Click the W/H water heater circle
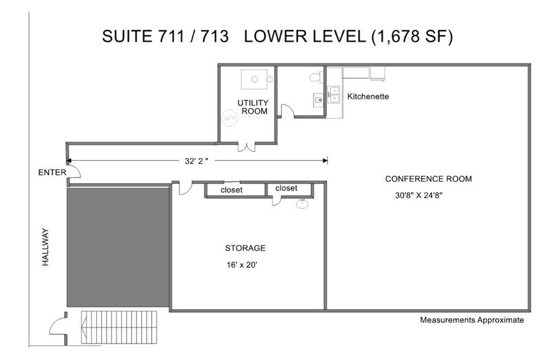(230, 118)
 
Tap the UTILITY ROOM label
(253, 107)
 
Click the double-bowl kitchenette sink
(334, 94)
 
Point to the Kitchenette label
(368, 96)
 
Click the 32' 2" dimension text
(196, 160)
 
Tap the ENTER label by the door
(52, 173)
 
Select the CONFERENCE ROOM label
(428, 179)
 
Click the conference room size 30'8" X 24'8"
(419, 195)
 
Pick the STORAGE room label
(245, 248)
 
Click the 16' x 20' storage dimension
(242, 264)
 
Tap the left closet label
(231, 190)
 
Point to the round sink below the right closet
(302, 204)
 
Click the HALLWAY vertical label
(46, 247)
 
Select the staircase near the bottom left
(119, 328)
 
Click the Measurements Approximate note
(472, 320)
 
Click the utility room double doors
(246, 147)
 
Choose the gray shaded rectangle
(118, 247)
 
